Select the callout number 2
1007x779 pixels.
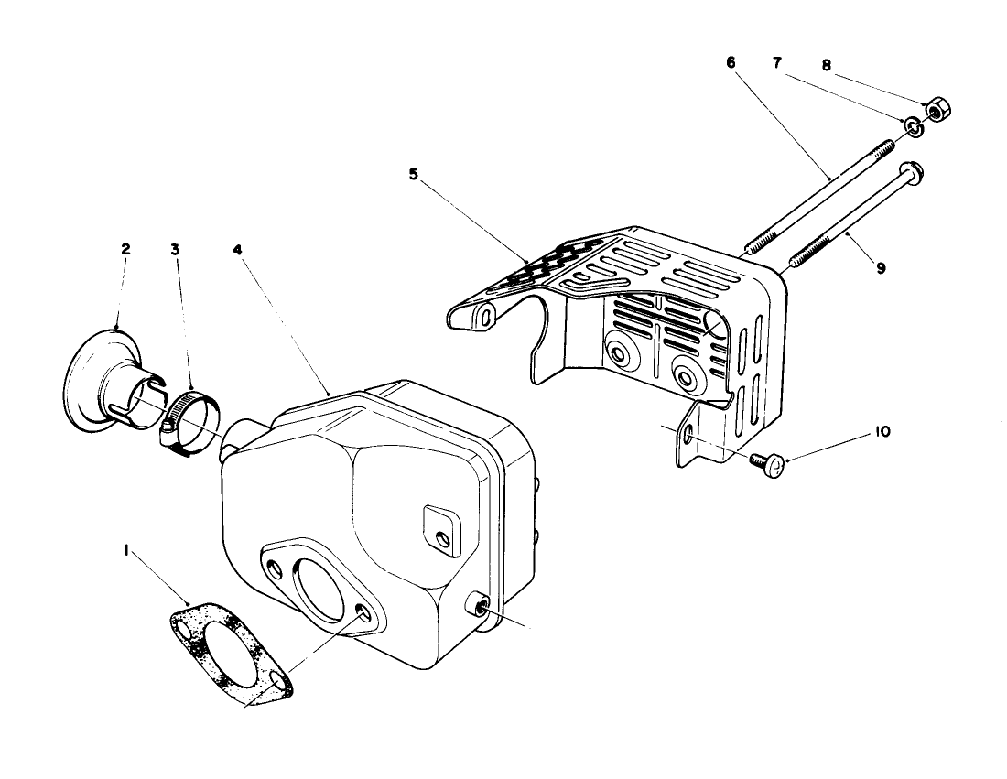[125, 248]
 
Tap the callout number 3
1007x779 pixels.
[176, 248]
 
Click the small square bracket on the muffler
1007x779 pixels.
[439, 532]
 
